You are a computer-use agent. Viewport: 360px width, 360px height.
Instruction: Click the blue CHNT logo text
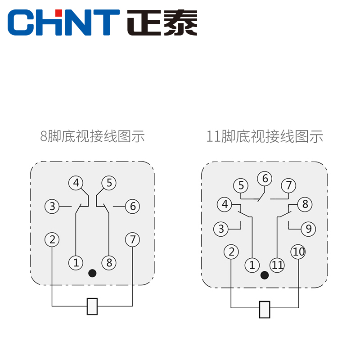[63, 22]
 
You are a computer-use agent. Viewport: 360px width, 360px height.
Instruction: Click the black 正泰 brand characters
[162, 22]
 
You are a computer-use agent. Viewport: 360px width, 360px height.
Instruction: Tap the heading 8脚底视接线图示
[92, 136]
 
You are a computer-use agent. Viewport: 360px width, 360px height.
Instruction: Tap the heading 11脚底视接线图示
[265, 136]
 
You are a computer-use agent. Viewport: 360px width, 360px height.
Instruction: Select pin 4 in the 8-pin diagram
[76, 183]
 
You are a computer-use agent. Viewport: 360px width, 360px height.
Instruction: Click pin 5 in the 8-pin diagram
[109, 183]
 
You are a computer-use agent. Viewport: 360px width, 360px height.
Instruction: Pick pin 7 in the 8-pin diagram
[132, 239]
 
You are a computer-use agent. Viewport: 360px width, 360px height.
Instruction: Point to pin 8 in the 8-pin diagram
[109, 262]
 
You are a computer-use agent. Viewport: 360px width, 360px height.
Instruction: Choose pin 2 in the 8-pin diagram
[52, 239]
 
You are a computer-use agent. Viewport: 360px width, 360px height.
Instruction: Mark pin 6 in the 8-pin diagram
[132, 207]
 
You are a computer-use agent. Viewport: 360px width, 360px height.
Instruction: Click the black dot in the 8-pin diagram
[93, 273]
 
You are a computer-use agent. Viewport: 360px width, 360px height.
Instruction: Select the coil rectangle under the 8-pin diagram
[92, 306]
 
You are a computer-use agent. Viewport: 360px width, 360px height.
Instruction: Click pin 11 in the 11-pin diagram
[277, 265]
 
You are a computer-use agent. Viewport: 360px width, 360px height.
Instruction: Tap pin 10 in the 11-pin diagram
[298, 252]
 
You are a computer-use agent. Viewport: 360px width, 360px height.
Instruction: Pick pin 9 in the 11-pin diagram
[308, 229]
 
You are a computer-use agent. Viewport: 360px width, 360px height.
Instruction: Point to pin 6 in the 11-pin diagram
[265, 179]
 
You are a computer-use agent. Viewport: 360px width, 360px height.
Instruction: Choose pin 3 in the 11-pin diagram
[221, 229]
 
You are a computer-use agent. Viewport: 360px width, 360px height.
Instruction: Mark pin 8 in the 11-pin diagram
[305, 204]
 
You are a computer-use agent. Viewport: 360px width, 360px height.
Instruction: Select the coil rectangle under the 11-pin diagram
[265, 309]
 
